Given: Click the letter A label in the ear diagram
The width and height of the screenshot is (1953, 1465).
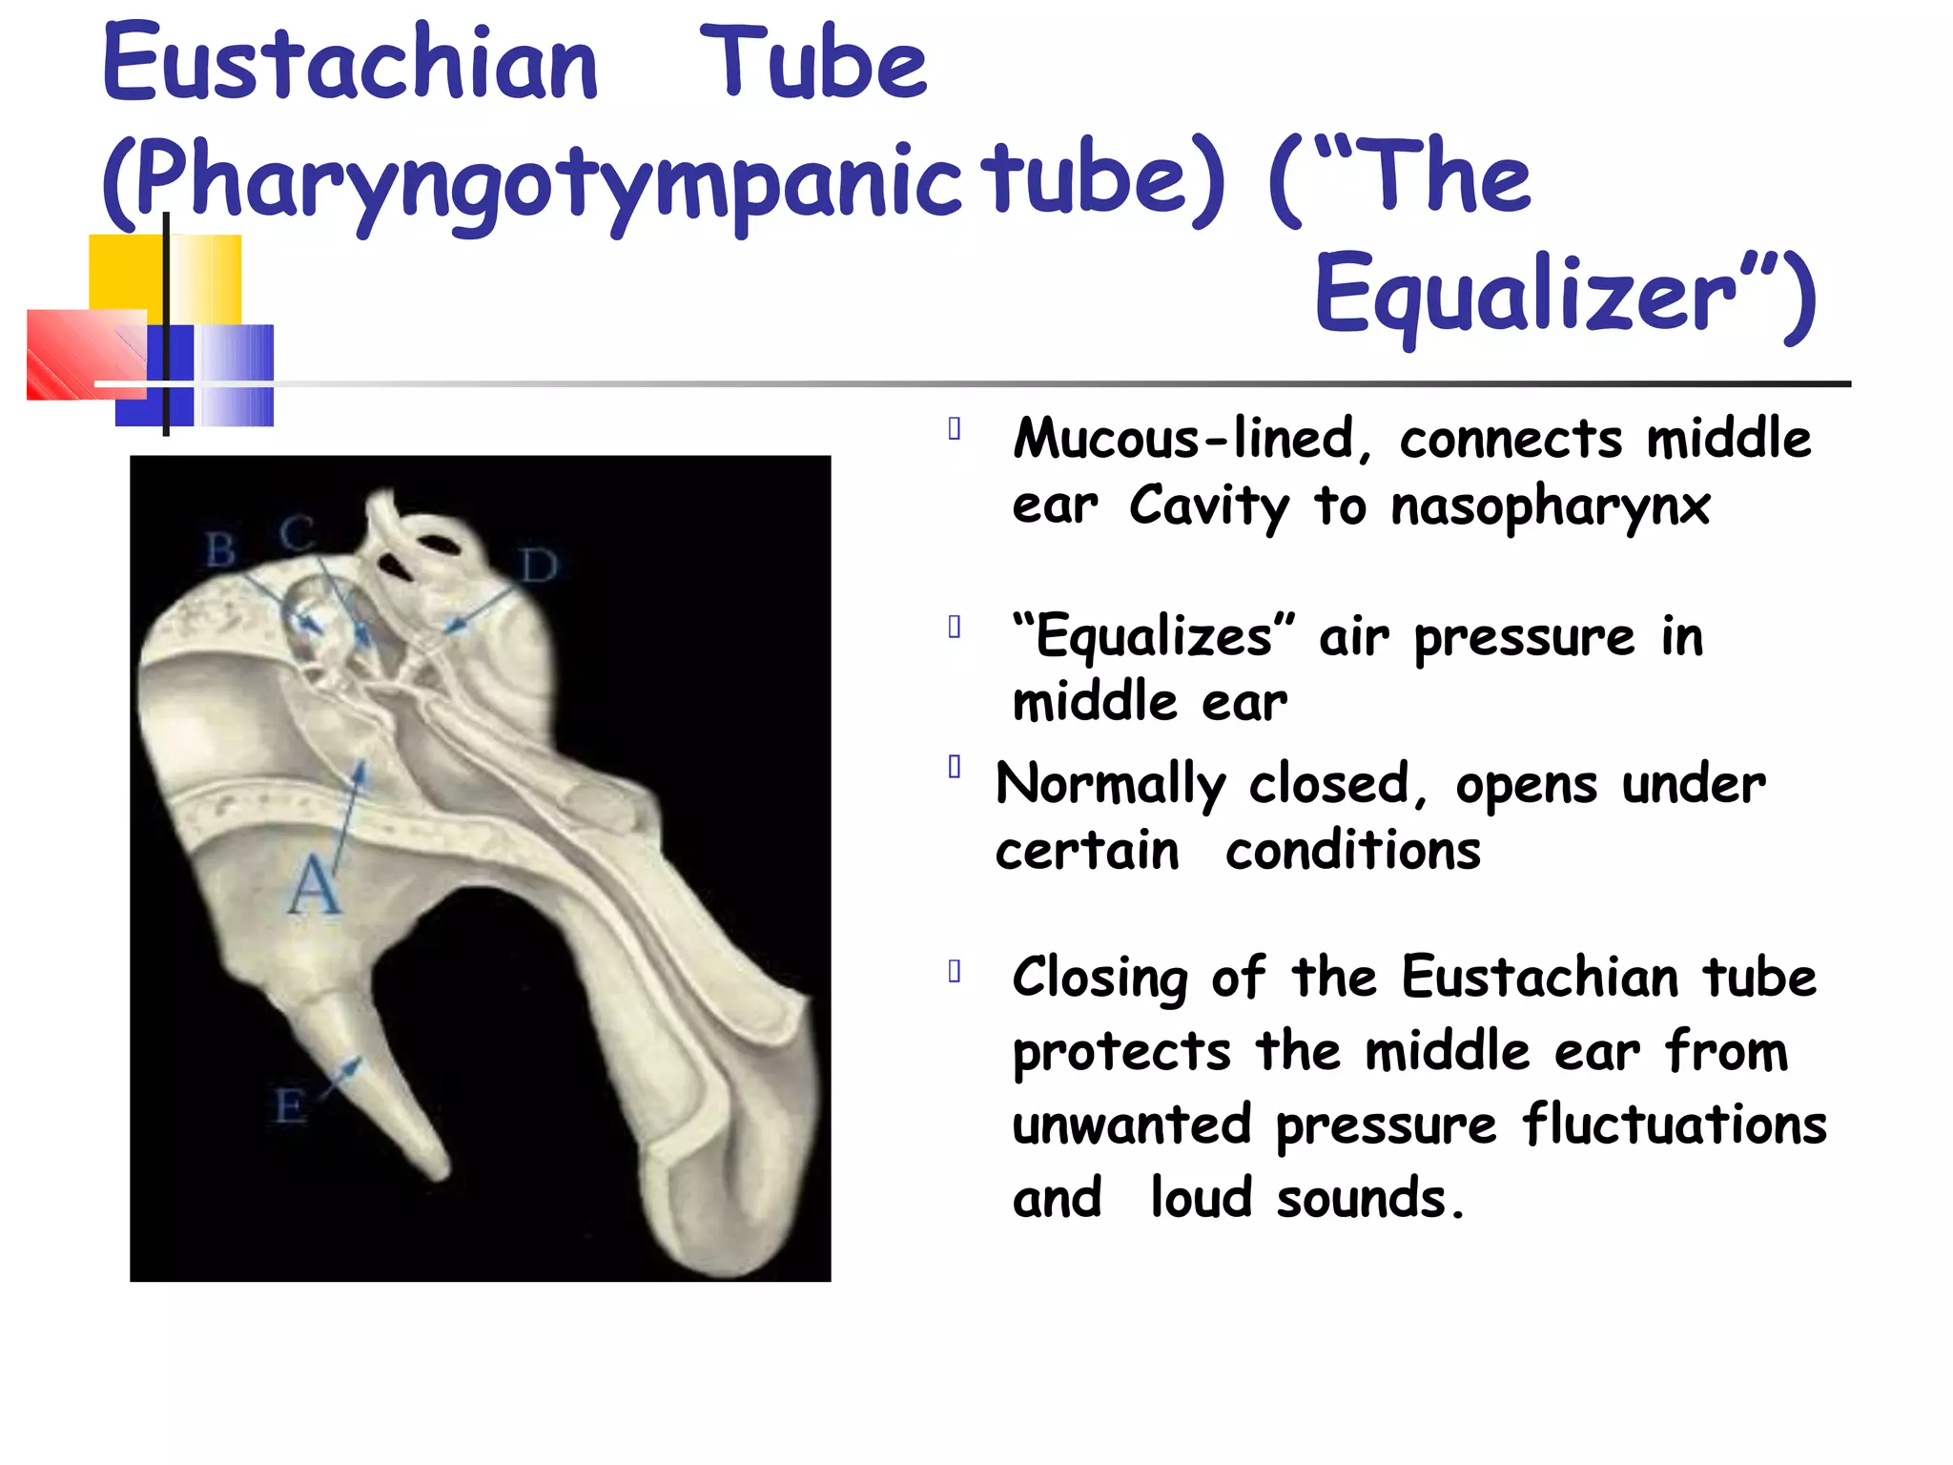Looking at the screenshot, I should (x=314, y=885).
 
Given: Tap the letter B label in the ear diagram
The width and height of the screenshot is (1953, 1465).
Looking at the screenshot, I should (x=220, y=550).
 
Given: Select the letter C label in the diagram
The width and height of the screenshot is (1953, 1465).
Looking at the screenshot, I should (x=297, y=533).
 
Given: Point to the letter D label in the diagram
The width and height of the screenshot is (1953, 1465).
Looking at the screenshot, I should (x=539, y=567).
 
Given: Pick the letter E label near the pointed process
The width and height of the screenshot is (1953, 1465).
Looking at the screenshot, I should (x=290, y=1107).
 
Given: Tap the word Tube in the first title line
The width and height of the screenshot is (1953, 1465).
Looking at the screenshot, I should (x=813, y=64).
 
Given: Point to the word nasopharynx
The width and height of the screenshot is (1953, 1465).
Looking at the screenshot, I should (x=1551, y=506).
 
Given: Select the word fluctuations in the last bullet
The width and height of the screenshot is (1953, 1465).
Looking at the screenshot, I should (x=1675, y=1125).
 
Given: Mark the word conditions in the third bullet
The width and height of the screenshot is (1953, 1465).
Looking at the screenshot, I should (x=1353, y=851).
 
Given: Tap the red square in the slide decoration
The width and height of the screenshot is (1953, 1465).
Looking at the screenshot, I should (x=86, y=355).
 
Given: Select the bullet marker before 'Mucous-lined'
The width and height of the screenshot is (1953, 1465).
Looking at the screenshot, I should (x=955, y=429).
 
